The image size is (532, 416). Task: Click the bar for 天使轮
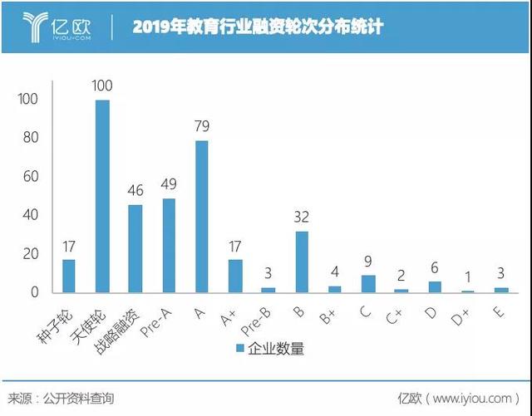tap(102, 196)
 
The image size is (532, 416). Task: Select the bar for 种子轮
tap(69, 276)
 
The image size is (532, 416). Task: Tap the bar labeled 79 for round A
tap(201, 217)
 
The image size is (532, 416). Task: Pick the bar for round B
tap(301, 262)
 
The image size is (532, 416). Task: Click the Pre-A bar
tap(169, 245)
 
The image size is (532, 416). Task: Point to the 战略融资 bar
tap(135, 248)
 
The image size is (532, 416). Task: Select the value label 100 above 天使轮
tap(101, 86)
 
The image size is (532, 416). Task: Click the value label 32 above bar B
tap(301, 218)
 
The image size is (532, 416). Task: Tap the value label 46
tap(135, 191)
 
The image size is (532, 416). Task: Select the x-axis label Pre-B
tap(260, 317)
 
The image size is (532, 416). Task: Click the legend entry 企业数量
tap(271, 349)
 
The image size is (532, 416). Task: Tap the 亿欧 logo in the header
tap(58, 27)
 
